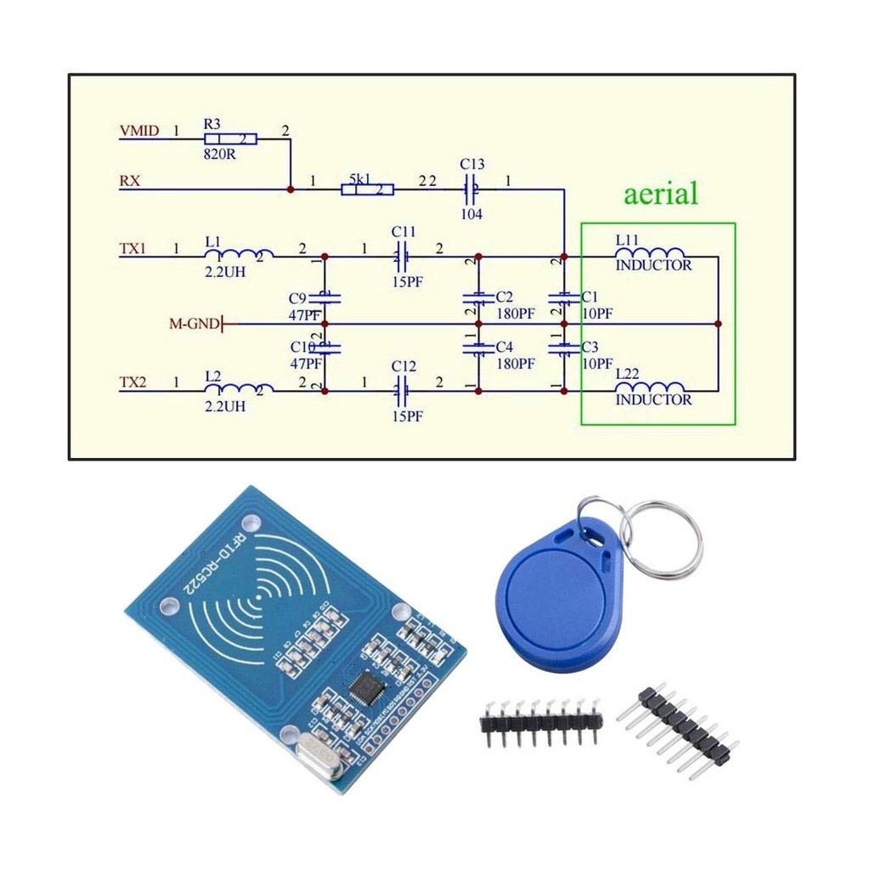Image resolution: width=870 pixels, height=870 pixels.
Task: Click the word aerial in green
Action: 660,194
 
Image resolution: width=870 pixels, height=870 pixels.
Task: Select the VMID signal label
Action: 138,132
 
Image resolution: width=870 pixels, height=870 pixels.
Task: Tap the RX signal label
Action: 129,181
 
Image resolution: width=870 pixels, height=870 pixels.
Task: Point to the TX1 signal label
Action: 133,249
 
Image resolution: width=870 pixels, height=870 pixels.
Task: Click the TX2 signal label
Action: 133,383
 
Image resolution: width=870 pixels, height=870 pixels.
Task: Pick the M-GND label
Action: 194,324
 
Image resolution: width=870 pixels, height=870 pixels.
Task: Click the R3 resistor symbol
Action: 230,138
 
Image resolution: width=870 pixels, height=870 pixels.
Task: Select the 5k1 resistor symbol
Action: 368,189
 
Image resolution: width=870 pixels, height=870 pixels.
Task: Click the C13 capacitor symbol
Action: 471,188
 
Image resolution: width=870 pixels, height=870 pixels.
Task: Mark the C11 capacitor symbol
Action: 403,256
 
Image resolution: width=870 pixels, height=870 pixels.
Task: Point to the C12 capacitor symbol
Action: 403,391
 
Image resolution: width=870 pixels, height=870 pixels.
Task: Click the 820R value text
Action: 219,155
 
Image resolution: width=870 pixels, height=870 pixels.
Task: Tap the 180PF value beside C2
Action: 516,314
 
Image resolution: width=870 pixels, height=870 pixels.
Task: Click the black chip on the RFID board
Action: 366,686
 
